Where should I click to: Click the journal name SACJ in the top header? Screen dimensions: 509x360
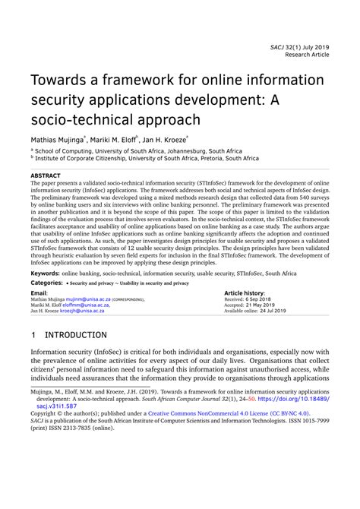278,46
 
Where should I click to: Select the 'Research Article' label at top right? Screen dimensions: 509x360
307,55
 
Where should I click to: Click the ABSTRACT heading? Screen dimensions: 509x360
46,175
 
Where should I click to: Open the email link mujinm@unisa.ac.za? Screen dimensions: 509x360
90,299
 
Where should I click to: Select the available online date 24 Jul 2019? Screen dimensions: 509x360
276,311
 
